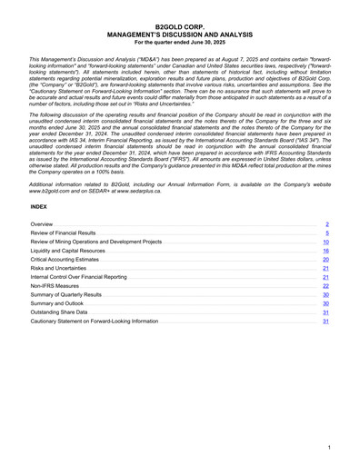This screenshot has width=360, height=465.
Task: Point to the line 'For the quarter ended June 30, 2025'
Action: pyautogui.click(x=180, y=43)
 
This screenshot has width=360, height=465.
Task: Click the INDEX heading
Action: pyautogui.click(x=38, y=206)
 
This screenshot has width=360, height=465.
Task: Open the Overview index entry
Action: pyautogui.click(x=41, y=223)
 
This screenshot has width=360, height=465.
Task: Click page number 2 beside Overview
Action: pyautogui.click(x=326, y=223)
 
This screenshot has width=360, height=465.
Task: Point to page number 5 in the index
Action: pyautogui.click(x=326, y=233)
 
